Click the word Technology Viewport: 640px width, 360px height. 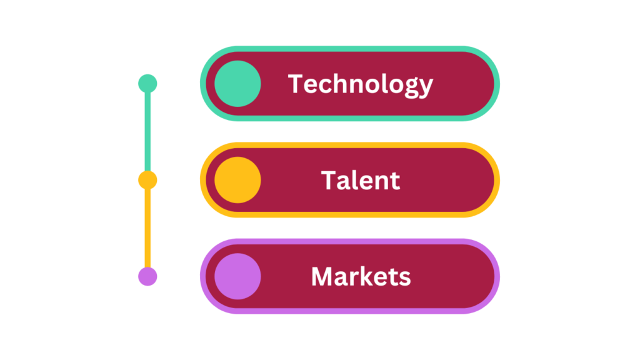[x=361, y=85]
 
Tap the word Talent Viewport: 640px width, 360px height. [x=361, y=181]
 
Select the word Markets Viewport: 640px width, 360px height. [x=361, y=277]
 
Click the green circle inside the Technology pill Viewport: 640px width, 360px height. [x=237, y=84]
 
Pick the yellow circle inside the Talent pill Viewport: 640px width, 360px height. [x=237, y=180]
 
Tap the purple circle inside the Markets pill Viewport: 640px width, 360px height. [x=237, y=276]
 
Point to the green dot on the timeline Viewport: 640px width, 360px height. [x=147, y=84]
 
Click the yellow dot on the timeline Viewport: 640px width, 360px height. [x=147, y=180]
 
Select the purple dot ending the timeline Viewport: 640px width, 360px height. [x=147, y=276]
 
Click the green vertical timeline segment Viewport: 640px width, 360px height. [x=147, y=132]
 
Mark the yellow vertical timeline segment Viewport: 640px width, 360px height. [x=147, y=228]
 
